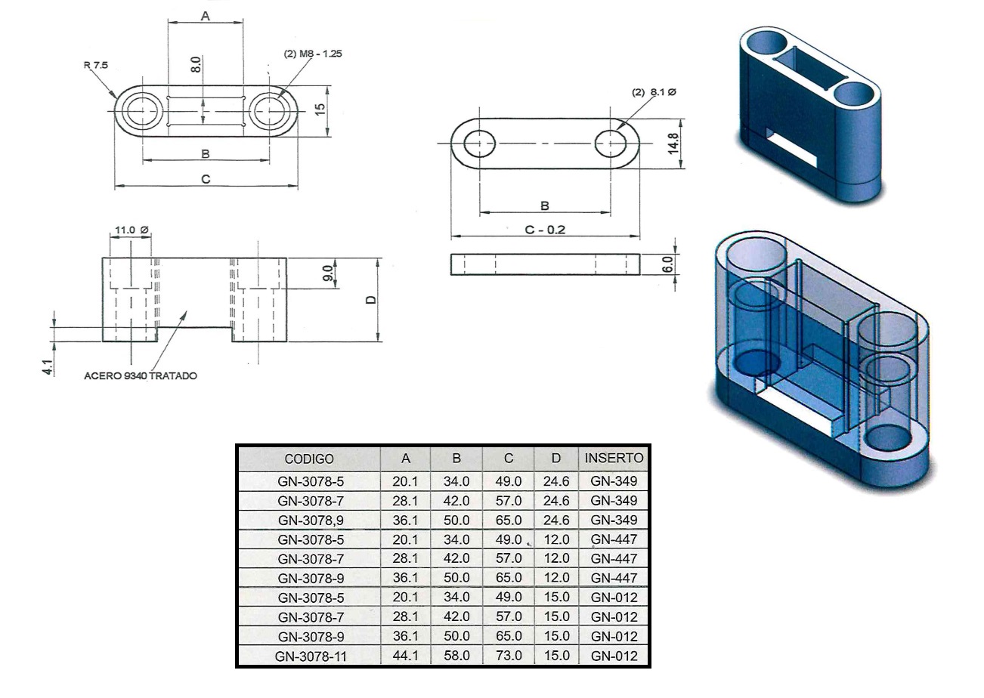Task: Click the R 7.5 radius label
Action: (96, 66)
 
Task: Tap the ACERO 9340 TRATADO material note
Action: (141, 375)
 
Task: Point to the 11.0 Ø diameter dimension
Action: (132, 230)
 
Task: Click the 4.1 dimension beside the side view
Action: (48, 367)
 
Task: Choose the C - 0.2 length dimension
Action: (545, 230)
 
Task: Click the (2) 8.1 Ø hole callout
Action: (654, 92)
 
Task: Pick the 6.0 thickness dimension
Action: (667, 264)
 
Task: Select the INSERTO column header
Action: (614, 458)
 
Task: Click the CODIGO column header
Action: (308, 459)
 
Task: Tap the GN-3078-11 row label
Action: (311, 656)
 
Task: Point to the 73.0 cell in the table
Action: (509, 656)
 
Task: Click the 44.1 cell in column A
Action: (406, 656)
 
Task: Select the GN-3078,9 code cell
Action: (310, 520)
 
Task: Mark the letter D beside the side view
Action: (371, 300)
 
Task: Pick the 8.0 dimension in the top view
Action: (196, 64)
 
